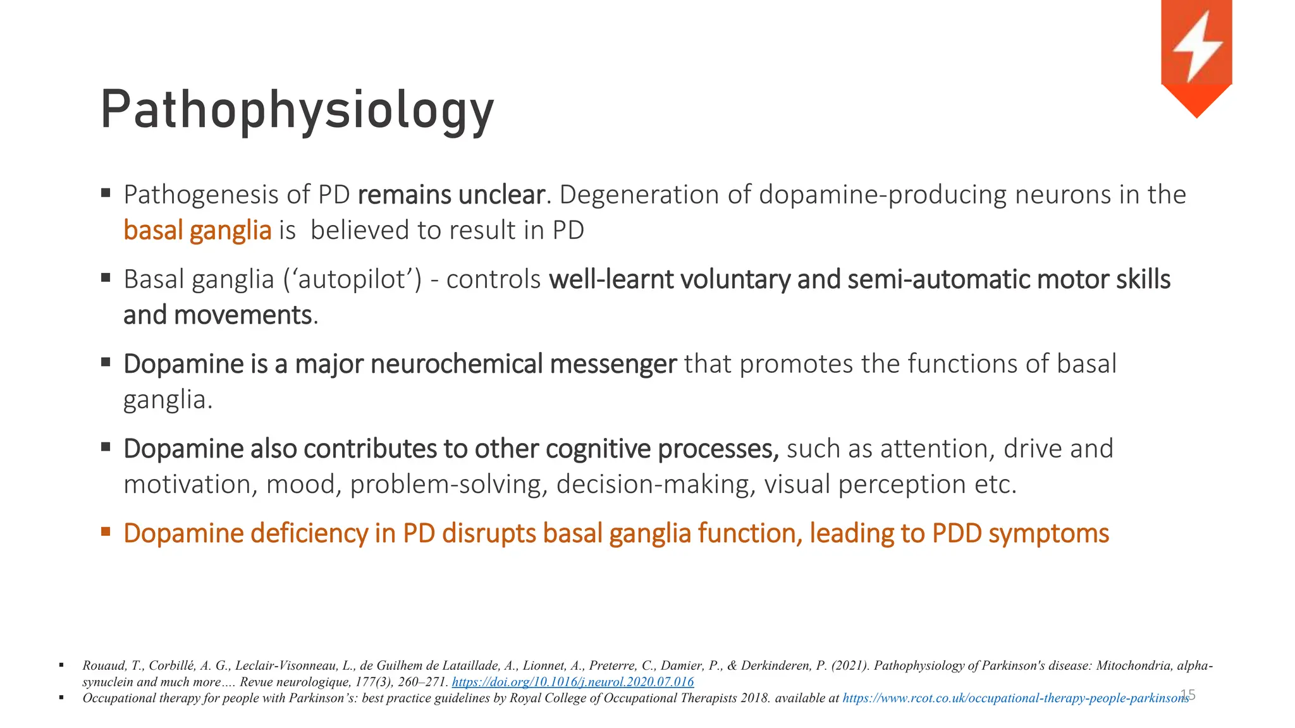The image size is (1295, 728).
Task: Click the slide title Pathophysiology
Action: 297,111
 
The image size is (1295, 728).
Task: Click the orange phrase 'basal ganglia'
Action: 197,230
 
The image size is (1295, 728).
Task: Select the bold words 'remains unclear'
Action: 451,195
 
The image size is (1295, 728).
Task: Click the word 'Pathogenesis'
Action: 200,195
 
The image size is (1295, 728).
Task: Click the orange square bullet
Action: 106,531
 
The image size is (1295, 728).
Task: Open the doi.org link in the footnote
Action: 573,682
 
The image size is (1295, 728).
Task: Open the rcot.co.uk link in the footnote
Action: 1016,698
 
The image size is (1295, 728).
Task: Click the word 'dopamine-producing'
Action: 883,195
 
